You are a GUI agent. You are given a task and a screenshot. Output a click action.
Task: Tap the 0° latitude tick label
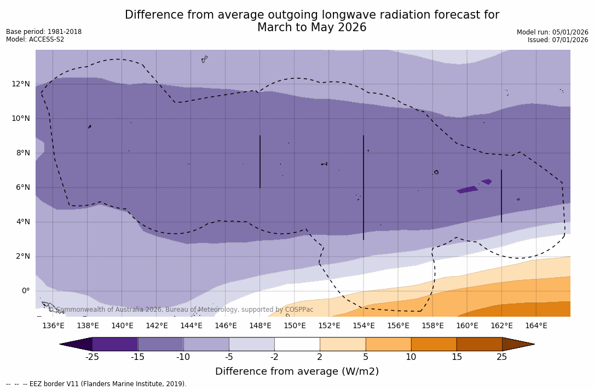point(25,290)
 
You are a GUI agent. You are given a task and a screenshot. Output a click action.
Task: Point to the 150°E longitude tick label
point(295,326)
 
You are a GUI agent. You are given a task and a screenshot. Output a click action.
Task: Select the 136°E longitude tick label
point(53,326)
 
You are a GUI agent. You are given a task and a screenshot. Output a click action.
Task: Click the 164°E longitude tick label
point(536,326)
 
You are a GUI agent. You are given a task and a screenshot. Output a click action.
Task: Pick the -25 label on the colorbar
point(92,357)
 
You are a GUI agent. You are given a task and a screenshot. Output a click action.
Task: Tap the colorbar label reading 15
point(456,357)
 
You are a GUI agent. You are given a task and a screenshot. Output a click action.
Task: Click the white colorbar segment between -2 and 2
point(297,344)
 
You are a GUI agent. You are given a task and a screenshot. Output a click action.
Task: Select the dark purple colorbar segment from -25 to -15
point(115,344)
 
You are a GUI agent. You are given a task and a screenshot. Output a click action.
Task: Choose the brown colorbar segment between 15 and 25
point(479,344)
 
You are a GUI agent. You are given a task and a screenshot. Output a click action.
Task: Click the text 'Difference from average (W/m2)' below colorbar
point(297,371)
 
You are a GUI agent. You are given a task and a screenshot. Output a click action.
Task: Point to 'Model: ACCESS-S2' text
point(35,39)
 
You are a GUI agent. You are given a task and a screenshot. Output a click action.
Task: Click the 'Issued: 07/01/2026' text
point(558,40)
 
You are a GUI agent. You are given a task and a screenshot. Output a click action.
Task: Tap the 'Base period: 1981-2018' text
point(44,32)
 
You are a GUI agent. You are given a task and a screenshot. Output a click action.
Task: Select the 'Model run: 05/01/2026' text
point(552,32)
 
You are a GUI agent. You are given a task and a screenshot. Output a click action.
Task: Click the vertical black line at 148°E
point(260,161)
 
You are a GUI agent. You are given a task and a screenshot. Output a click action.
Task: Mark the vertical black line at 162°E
point(501,196)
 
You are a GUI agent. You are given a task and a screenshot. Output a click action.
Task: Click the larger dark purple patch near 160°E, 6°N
point(468,190)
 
